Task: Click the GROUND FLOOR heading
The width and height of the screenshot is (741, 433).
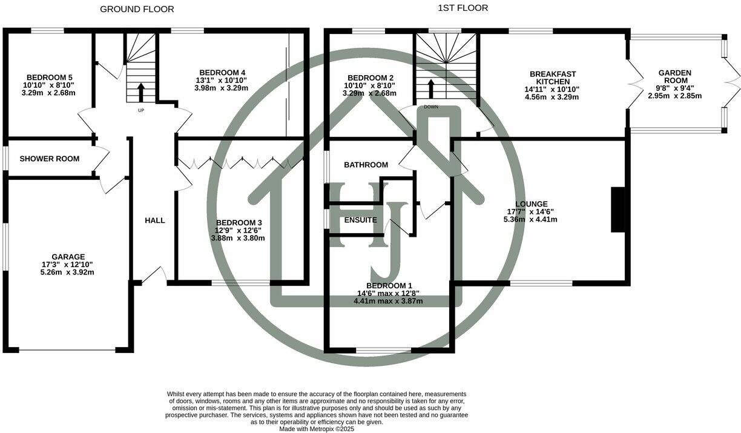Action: pos(137,9)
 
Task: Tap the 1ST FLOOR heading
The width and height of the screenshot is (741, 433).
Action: pos(463,8)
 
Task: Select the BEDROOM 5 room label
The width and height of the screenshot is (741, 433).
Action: pos(45,78)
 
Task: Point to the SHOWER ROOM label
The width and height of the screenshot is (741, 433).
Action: pos(50,159)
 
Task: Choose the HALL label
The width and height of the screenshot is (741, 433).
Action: pos(155,220)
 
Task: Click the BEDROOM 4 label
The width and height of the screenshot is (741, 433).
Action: pos(221,73)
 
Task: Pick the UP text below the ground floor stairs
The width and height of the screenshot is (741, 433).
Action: pos(141,111)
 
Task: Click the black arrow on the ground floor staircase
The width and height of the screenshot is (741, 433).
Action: pos(141,91)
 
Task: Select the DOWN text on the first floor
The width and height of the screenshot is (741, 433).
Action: pos(431,107)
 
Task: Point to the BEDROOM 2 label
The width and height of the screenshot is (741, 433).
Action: pos(370,78)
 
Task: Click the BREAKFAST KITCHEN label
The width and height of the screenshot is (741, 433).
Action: pos(553,78)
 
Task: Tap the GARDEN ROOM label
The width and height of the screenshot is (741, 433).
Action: pos(674,77)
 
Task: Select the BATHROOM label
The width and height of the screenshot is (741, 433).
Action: pos(366,165)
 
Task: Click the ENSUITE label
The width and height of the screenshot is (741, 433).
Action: pos(360,220)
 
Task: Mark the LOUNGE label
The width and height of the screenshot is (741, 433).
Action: pos(531,204)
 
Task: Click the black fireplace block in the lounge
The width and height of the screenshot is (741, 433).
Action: pos(617,210)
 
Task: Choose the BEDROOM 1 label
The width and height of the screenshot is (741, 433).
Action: pos(389,286)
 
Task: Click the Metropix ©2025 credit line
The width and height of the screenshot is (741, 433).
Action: pos(316,429)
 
